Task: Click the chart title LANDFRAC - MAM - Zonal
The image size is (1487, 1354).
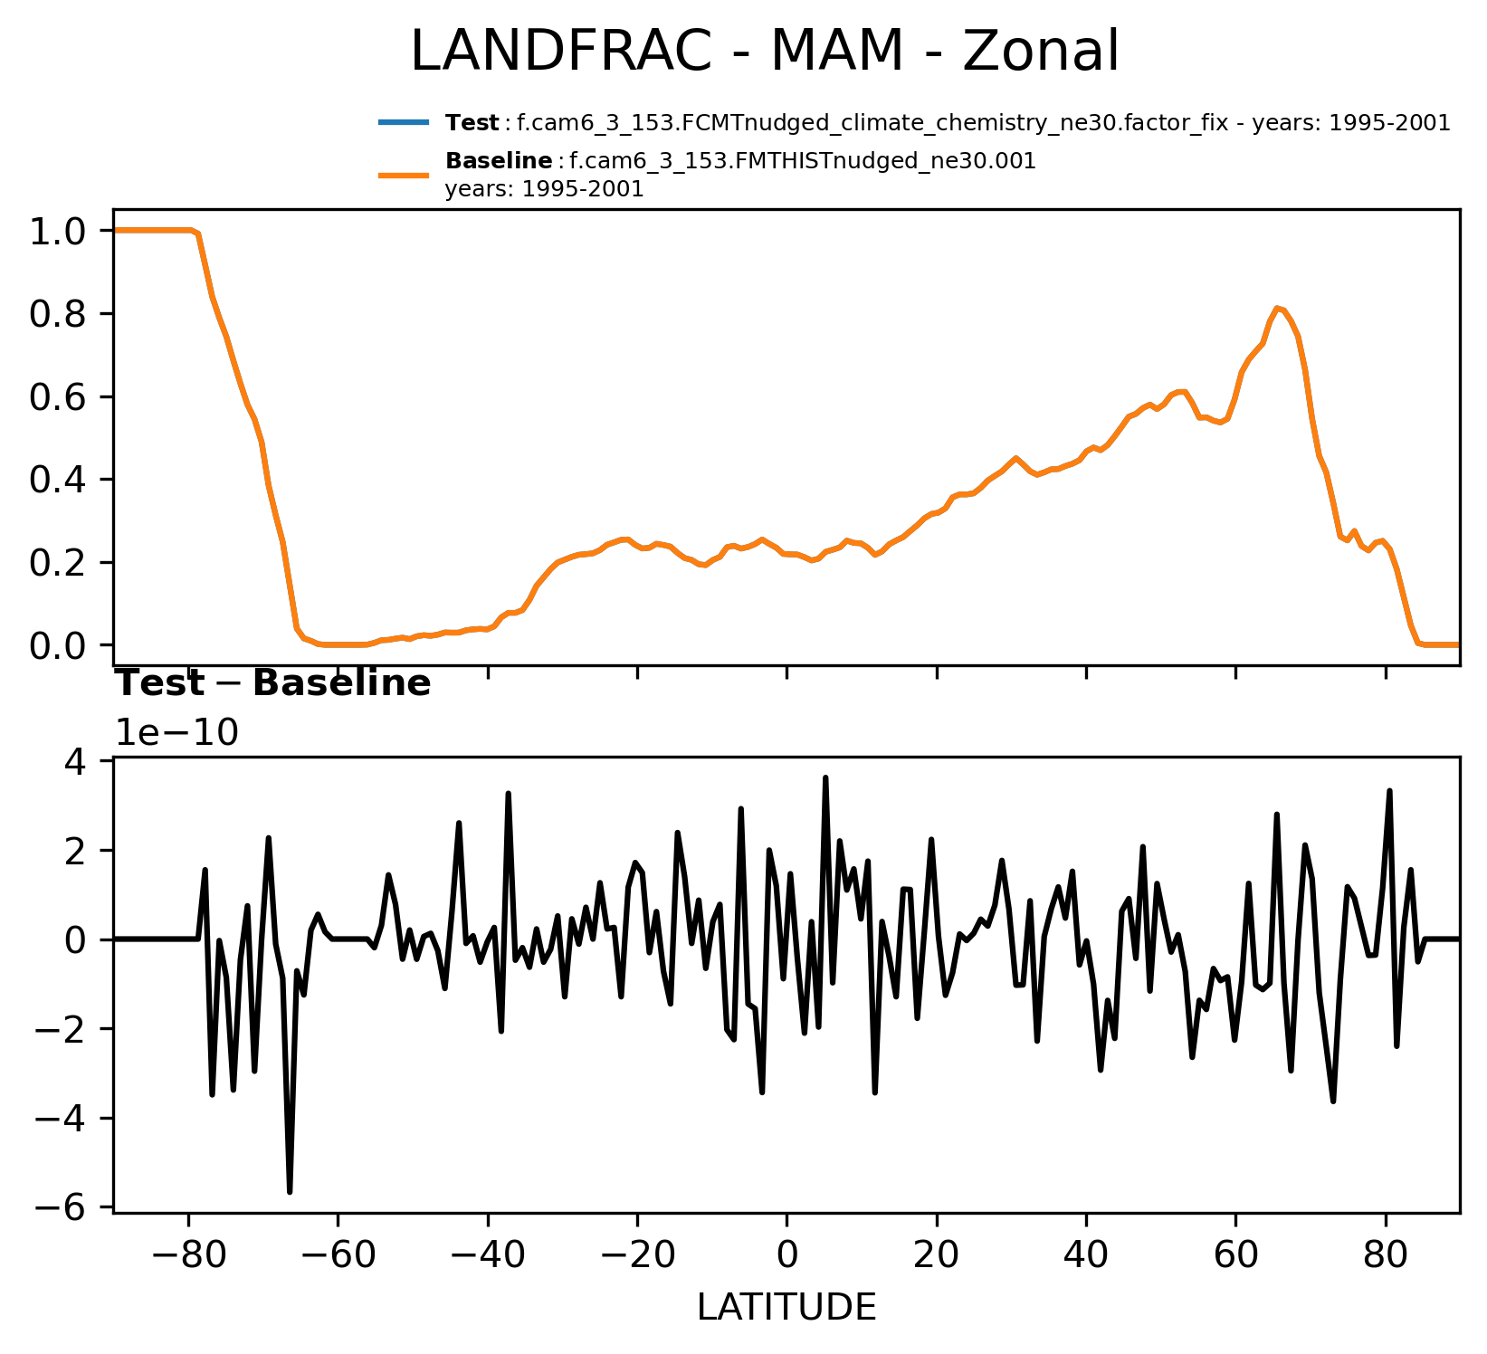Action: [765, 52]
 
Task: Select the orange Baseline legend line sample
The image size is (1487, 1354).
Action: [403, 175]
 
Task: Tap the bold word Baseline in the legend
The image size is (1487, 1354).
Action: [499, 161]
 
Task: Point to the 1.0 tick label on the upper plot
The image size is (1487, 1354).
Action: [58, 232]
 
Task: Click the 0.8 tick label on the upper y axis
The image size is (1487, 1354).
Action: [58, 314]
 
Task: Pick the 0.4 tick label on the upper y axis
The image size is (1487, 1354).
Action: [58, 480]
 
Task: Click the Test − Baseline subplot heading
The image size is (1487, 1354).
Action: [273, 684]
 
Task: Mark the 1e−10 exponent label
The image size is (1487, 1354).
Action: [176, 733]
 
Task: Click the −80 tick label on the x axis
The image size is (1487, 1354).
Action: [187, 1259]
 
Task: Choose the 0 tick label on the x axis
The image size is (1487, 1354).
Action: [786, 1259]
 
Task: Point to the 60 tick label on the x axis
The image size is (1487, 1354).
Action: [1235, 1259]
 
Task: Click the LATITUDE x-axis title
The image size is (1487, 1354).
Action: [786, 1308]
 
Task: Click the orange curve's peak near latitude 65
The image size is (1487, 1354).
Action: [1277, 308]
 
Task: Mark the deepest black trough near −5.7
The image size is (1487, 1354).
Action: [290, 1191]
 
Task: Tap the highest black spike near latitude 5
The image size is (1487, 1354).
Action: [825, 777]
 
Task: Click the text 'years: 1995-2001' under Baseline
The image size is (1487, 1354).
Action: [544, 190]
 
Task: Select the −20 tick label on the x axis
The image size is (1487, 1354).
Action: [636, 1259]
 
